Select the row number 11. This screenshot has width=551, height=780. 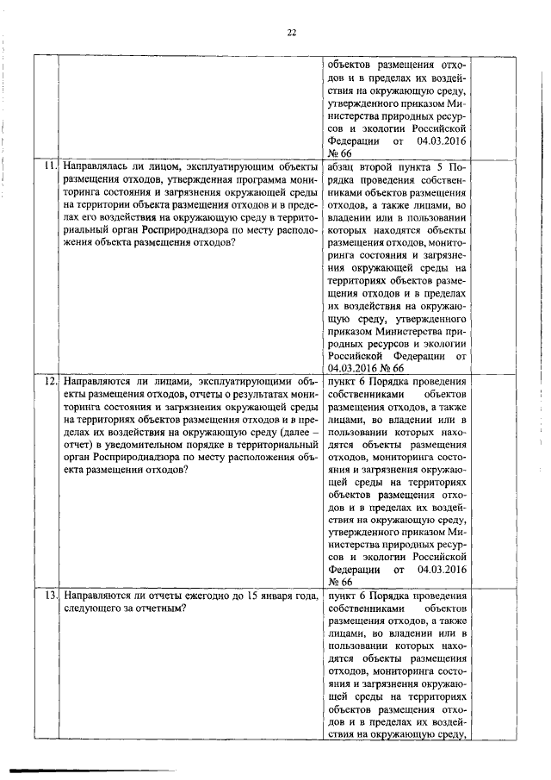[48, 165]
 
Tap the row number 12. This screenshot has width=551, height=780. [48, 381]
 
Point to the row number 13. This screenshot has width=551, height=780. [48, 596]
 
